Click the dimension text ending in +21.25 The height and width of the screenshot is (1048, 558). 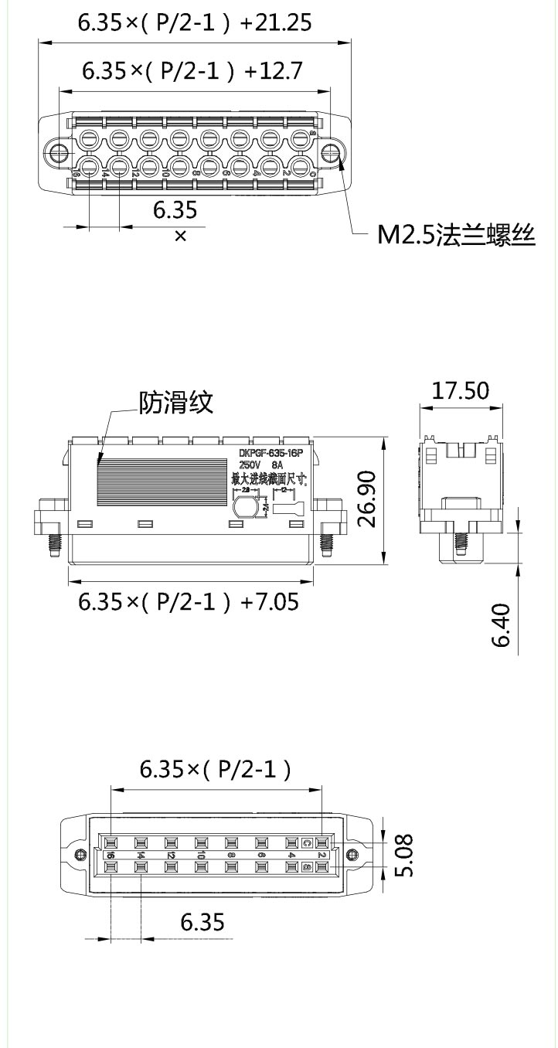(x=195, y=23)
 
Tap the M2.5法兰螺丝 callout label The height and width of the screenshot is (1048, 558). (x=456, y=235)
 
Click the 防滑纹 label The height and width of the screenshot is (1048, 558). (x=175, y=402)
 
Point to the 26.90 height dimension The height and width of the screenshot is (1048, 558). (x=369, y=499)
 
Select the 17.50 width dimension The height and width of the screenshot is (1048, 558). (x=460, y=390)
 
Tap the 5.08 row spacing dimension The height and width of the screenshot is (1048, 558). (x=402, y=855)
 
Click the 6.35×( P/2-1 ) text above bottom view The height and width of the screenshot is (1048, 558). (x=216, y=769)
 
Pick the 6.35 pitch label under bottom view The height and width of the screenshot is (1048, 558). (x=202, y=922)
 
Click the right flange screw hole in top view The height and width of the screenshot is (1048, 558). (x=332, y=151)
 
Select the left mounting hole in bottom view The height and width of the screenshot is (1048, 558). (x=79, y=854)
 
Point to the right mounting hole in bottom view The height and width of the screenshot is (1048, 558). (x=352, y=854)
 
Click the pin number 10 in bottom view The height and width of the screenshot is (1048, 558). (x=200, y=856)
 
